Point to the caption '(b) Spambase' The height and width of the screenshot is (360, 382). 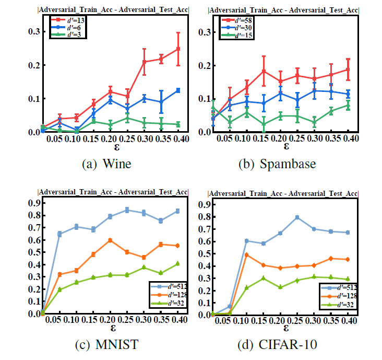[x=277, y=164]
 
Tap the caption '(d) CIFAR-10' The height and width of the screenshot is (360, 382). [x=278, y=345]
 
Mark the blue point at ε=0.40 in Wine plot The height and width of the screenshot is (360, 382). [x=178, y=90]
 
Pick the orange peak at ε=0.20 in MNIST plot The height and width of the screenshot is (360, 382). [x=110, y=240]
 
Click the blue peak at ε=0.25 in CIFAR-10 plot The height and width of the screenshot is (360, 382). [x=297, y=217]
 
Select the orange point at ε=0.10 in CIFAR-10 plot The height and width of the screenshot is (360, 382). [x=247, y=255]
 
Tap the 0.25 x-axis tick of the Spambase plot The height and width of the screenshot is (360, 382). [x=296, y=139]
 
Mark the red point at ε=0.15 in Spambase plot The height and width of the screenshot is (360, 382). [x=264, y=71]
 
